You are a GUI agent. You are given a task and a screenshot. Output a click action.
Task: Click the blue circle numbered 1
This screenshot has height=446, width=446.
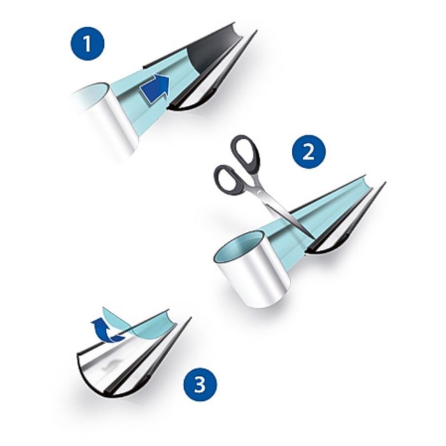(88, 44)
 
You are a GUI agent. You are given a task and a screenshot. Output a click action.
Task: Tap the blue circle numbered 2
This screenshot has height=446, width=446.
(309, 152)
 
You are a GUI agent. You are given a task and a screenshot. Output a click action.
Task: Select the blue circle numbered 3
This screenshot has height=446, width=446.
(200, 384)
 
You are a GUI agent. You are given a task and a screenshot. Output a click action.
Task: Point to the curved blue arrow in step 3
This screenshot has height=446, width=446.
(106, 330)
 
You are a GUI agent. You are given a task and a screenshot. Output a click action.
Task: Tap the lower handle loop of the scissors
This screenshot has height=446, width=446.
(227, 180)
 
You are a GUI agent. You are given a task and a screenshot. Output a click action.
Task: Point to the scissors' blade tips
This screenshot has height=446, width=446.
(313, 238)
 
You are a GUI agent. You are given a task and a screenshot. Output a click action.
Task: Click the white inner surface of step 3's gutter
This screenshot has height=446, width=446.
(114, 358)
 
